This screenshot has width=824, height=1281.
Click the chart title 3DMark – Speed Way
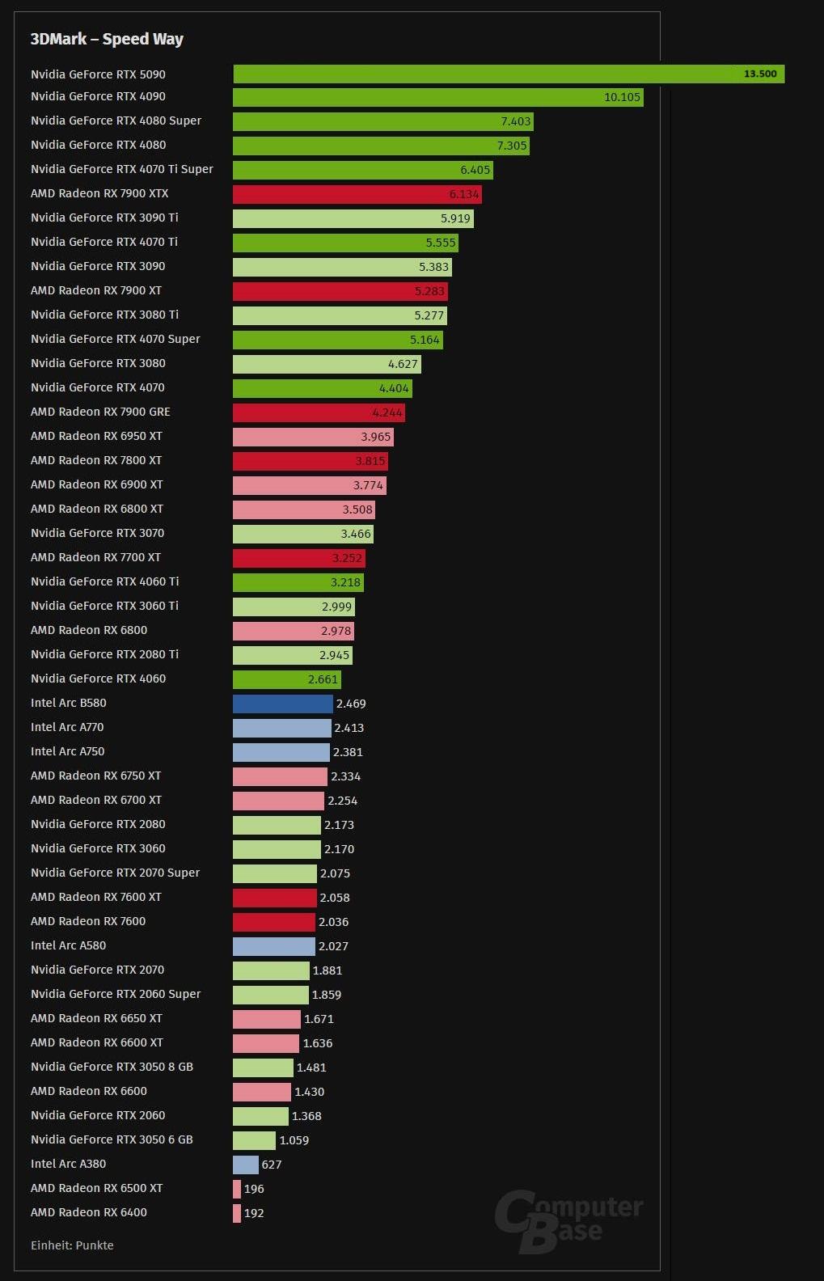[x=107, y=39]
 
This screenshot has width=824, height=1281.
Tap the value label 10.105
[x=622, y=97]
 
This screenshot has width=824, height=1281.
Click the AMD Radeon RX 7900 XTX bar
[x=357, y=194]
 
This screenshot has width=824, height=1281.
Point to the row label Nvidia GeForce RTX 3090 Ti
[x=104, y=218]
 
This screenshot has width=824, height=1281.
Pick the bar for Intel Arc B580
[x=282, y=704]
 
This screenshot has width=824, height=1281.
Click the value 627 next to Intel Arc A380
[x=272, y=1165]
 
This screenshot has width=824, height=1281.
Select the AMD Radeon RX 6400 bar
[x=237, y=1213]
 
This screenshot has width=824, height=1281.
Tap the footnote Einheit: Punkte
[x=72, y=1245]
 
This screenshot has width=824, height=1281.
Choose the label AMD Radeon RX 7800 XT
[x=96, y=460]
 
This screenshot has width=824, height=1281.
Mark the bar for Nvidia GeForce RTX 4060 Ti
[x=298, y=582]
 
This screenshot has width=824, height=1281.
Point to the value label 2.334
[x=345, y=776]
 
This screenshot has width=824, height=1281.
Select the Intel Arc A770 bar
[x=281, y=728]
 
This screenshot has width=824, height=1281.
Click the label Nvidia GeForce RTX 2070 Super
[x=115, y=873]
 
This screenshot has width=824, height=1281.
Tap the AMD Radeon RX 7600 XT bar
[x=274, y=898]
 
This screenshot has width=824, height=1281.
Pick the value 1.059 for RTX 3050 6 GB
[x=294, y=1140]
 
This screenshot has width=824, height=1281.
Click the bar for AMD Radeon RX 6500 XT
[x=237, y=1189]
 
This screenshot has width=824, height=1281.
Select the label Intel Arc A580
[x=68, y=945]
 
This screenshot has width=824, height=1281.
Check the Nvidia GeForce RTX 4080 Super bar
[x=382, y=121]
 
